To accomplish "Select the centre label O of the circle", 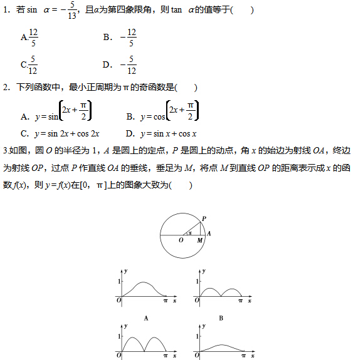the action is pyautogui.click(x=181, y=240).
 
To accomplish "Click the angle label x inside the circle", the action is pyautogui.click(x=191, y=232).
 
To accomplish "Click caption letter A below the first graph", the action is pyautogui.click(x=146, y=318).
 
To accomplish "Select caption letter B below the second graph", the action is pyautogui.click(x=221, y=318).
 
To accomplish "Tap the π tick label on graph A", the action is pyautogui.click(x=166, y=302).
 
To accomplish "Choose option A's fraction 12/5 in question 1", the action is pyautogui.click(x=33, y=38).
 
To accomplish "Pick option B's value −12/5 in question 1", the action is pyautogui.click(x=129, y=38).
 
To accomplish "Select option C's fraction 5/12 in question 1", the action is pyautogui.click(x=33, y=65).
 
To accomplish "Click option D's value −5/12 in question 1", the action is pyautogui.click(x=129, y=65).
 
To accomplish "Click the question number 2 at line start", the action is pyautogui.click(x=6, y=88).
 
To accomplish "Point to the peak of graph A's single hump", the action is pyautogui.click(x=144, y=283).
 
